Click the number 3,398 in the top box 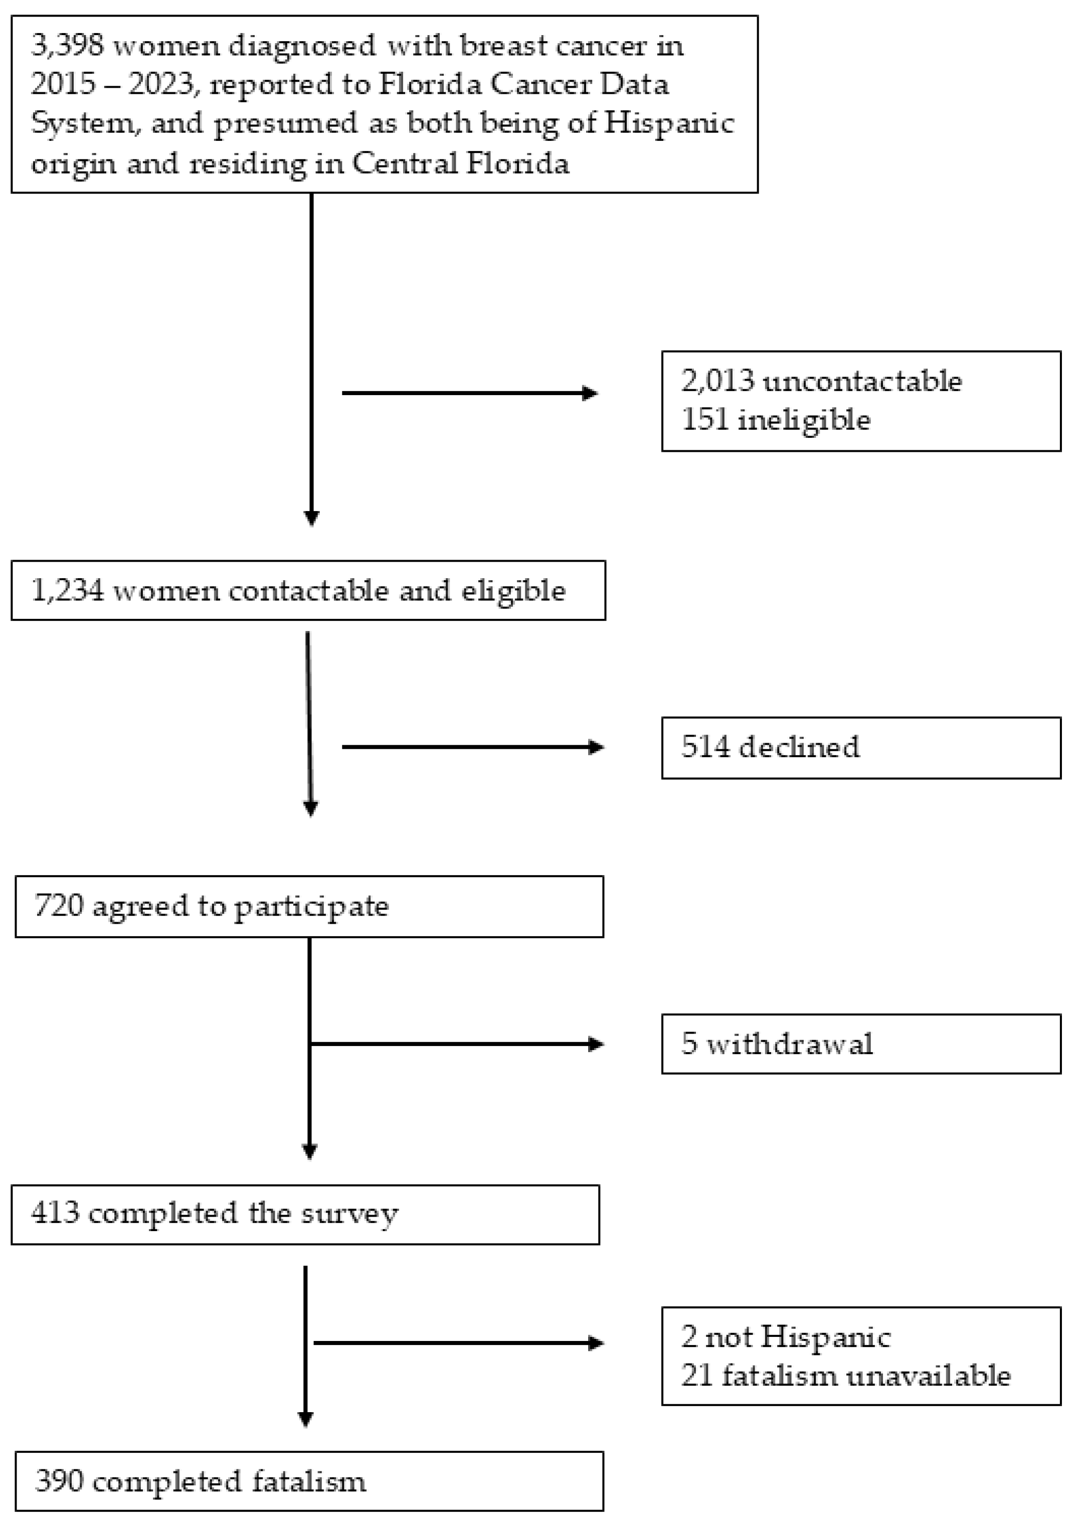click(67, 46)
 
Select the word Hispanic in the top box click(668, 124)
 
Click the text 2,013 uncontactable click(821, 382)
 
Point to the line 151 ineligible click(776, 420)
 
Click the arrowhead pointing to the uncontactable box click(590, 394)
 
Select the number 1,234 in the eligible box click(67, 591)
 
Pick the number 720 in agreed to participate click(59, 906)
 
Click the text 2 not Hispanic click(786, 1337)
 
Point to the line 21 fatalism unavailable click(845, 1376)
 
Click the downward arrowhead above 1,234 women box click(311, 518)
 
